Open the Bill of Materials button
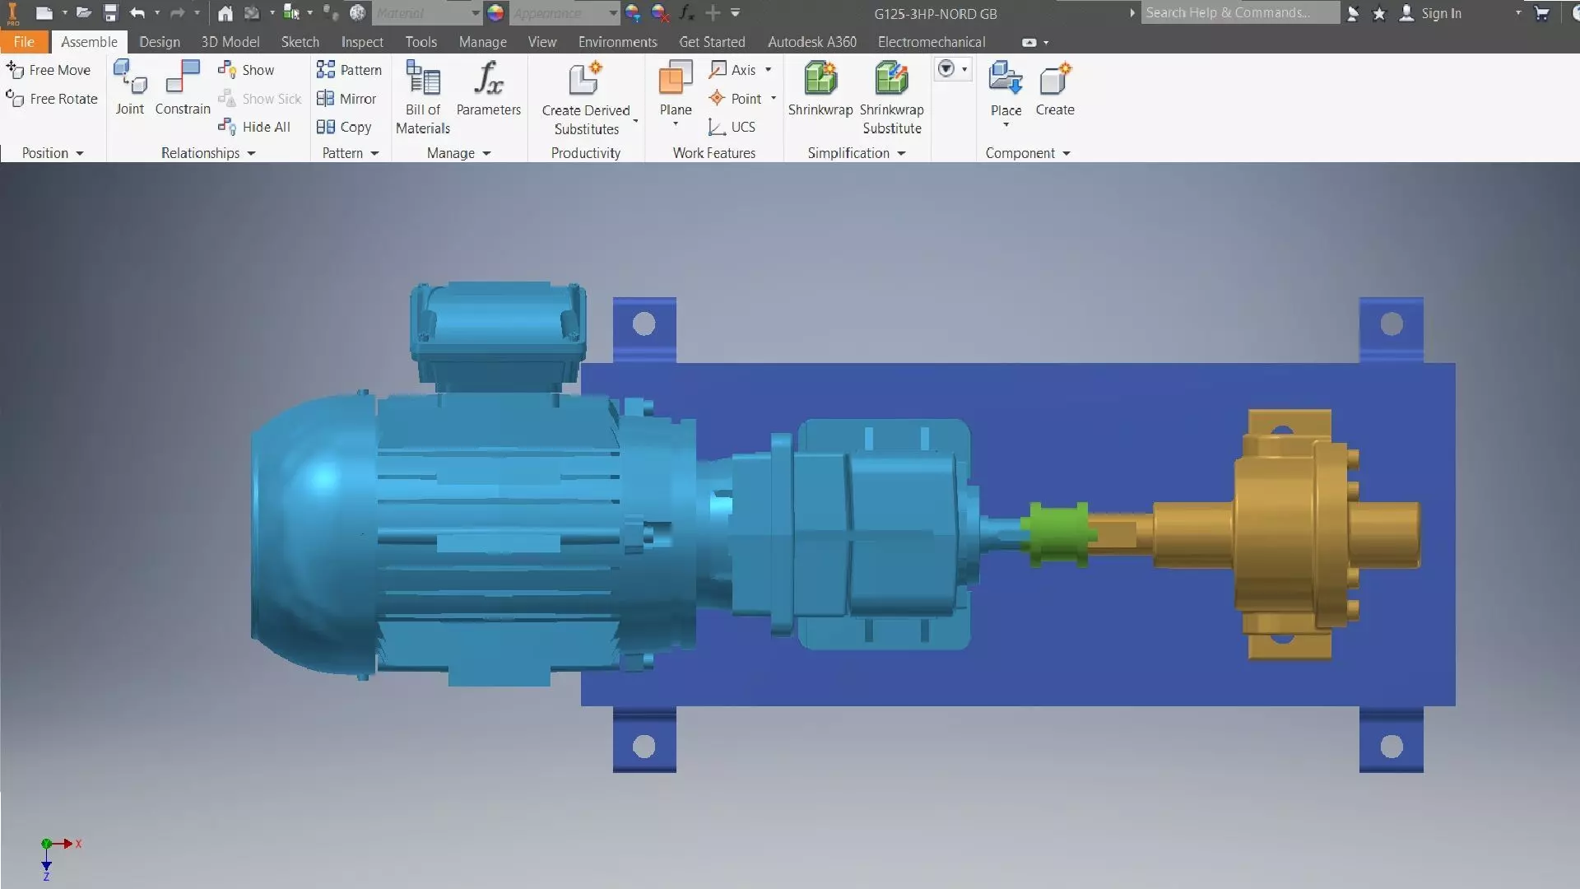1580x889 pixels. coord(423,97)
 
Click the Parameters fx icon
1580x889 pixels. coord(488,79)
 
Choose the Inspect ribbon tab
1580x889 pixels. coord(362,42)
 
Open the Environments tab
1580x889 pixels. coord(617,42)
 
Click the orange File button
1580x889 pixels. coord(24,42)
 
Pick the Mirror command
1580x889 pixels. coord(347,99)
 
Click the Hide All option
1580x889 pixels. coord(255,127)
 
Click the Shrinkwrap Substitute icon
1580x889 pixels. coord(891,80)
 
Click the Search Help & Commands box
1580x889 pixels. coord(1238,12)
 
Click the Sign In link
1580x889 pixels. coord(1441,13)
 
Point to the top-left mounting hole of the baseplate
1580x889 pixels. coord(644,324)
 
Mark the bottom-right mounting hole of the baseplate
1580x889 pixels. coord(1392,747)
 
